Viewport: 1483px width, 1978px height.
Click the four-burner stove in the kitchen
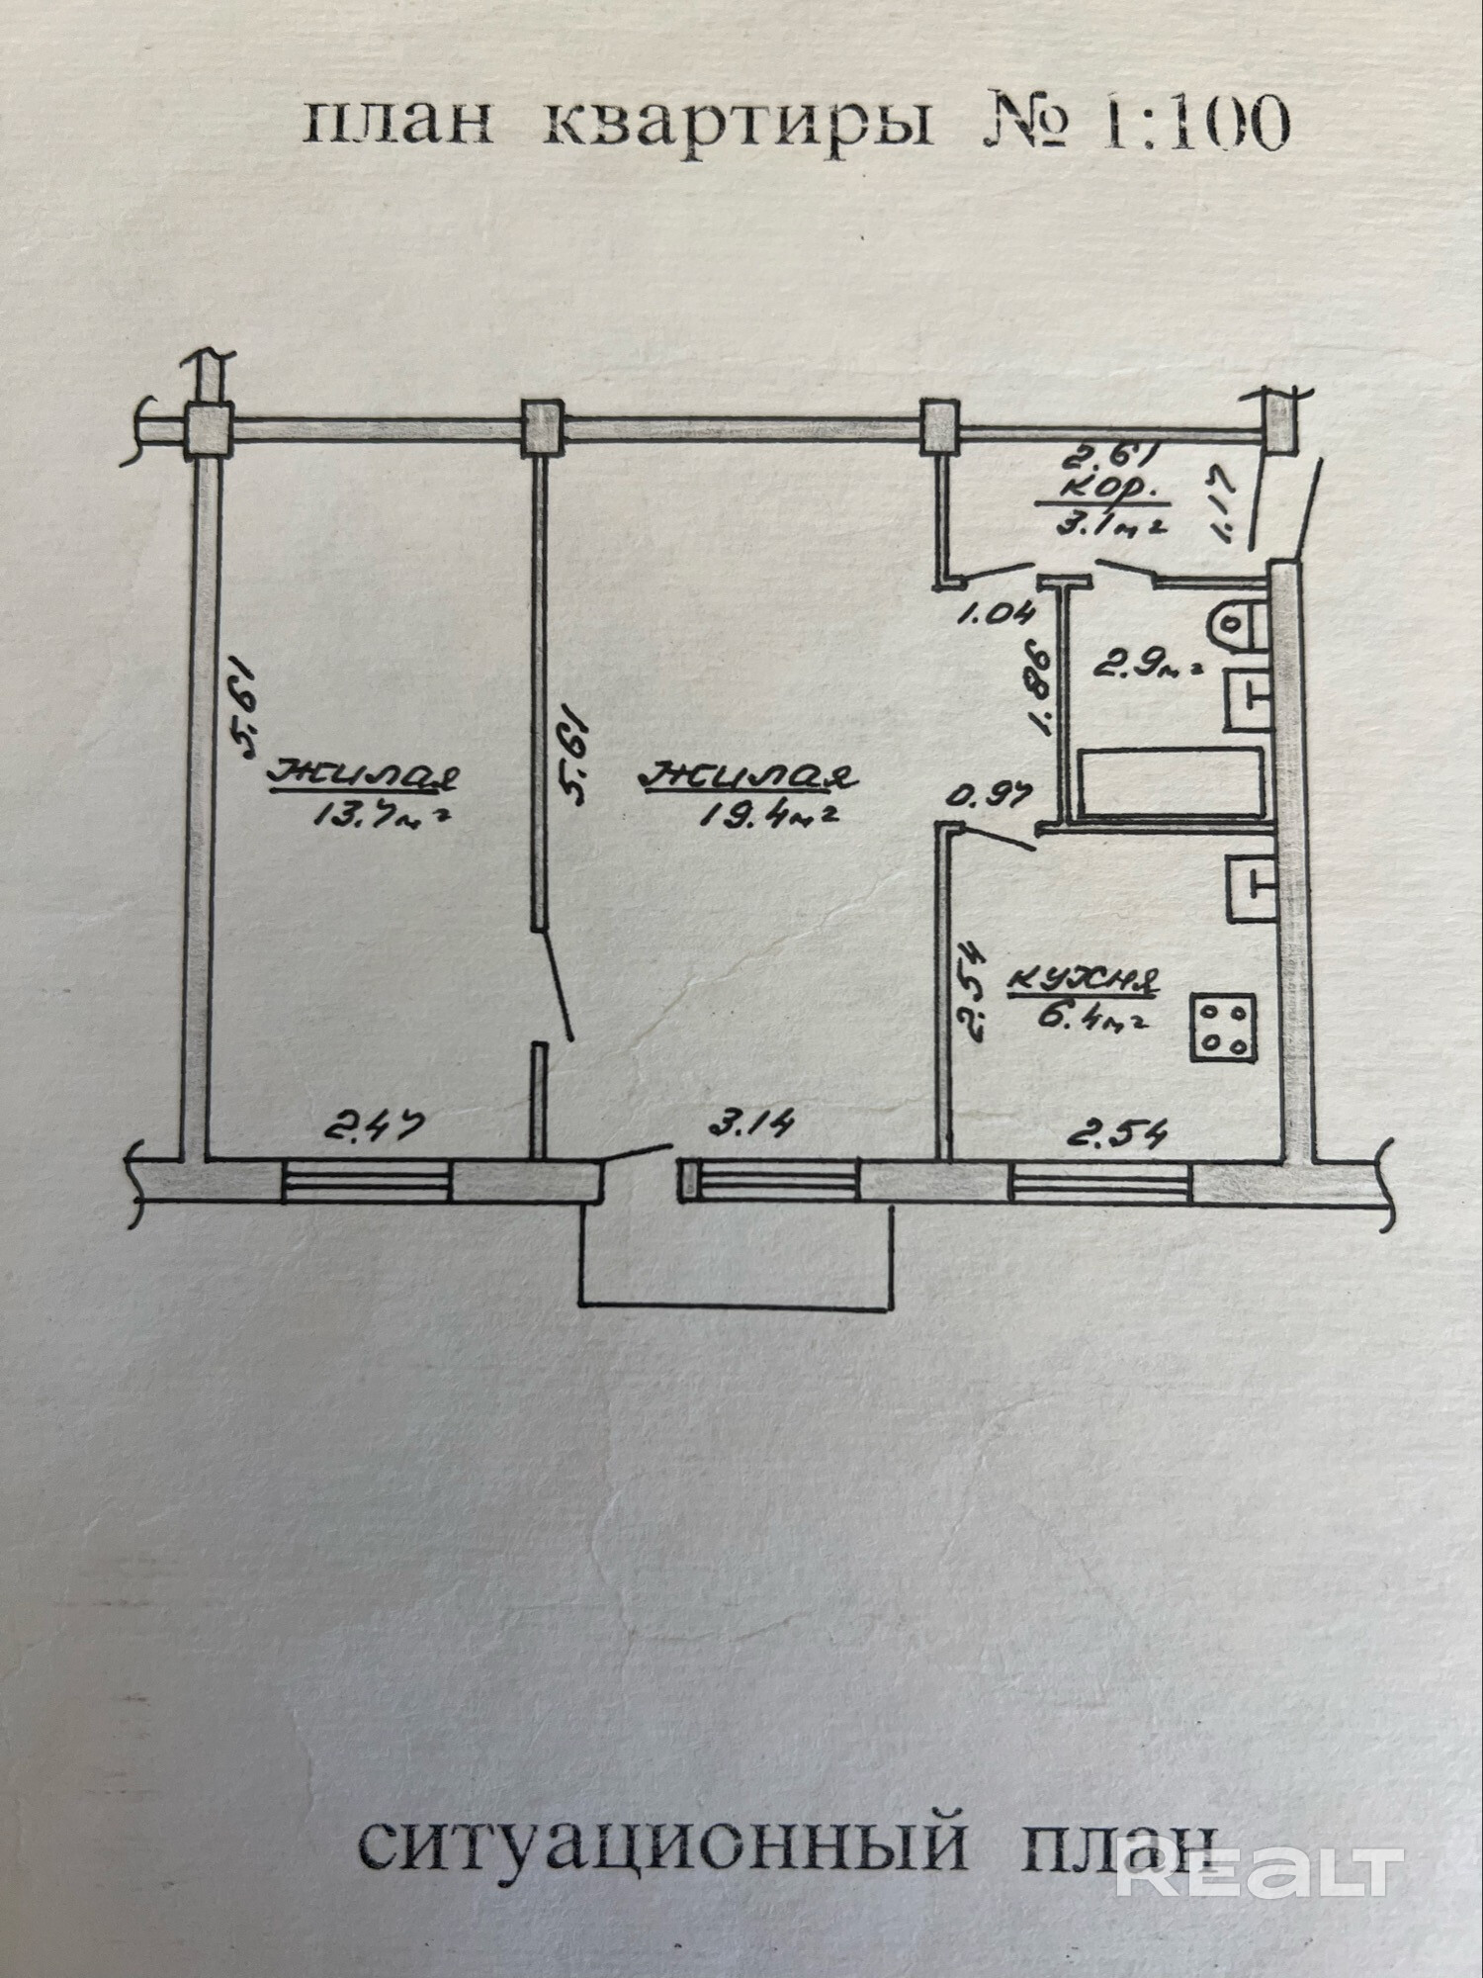[x=1224, y=1028]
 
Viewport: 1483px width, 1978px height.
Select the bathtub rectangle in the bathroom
[x=1171, y=782]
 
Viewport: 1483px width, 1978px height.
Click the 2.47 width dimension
[x=377, y=1126]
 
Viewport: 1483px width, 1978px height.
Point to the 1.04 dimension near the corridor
[x=997, y=613]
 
